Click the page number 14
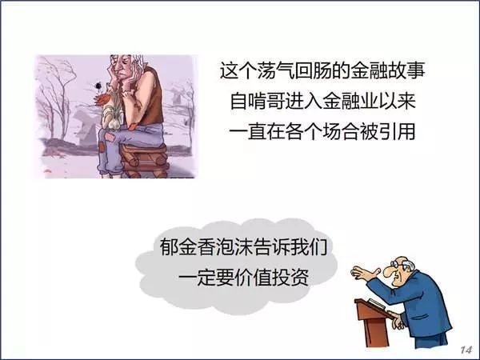coord(466,350)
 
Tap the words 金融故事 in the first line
coord(388,71)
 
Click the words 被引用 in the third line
coord(387,132)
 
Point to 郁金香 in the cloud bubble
coord(188,247)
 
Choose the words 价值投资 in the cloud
coord(271,278)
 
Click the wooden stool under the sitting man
coord(145,160)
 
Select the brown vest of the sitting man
coord(150,97)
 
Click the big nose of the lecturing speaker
coord(391,271)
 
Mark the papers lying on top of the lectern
coord(376,302)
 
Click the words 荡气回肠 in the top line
coord(294,71)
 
